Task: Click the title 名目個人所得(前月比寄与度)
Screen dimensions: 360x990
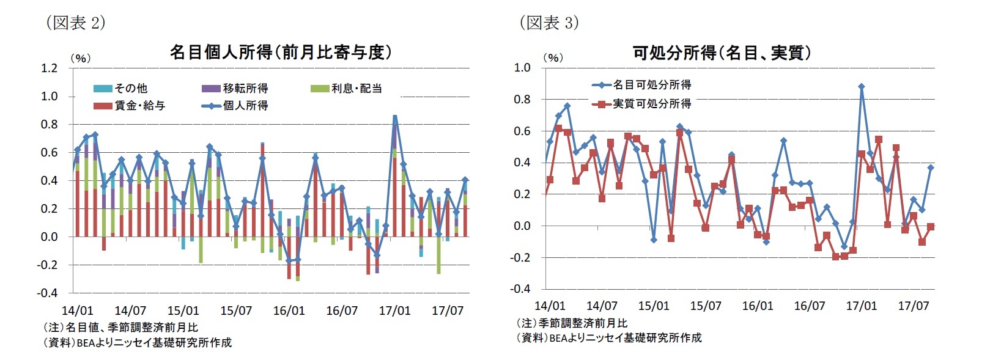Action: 281,53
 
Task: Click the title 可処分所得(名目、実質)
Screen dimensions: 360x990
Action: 722,53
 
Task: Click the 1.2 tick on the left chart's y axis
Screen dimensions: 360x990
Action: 49,68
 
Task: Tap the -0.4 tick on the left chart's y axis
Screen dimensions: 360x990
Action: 47,293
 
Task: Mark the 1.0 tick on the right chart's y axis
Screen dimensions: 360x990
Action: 522,67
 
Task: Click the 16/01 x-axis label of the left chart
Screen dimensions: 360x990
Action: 289,310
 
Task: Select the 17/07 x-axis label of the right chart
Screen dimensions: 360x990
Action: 913,306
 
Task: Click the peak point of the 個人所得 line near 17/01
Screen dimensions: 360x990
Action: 395,117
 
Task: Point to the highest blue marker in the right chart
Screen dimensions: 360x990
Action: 861,87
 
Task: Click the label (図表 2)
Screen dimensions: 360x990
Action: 75,23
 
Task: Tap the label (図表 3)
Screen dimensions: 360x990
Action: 549,23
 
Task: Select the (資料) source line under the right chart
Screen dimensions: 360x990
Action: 609,337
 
